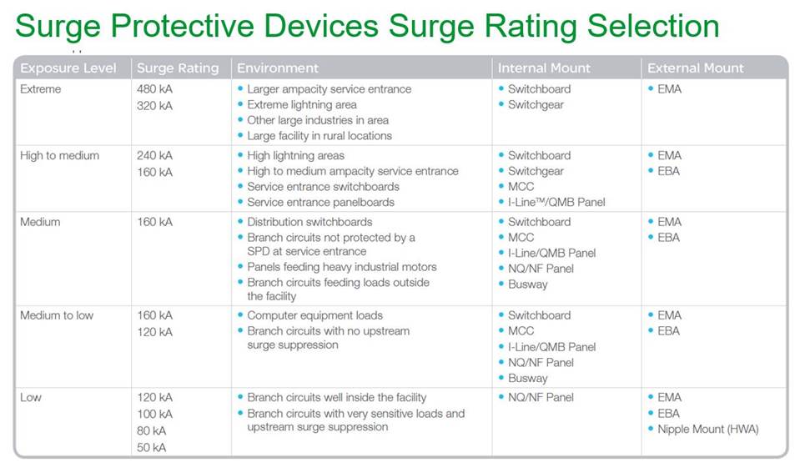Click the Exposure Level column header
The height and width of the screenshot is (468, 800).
tap(68, 68)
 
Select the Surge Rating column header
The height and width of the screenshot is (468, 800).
tap(178, 68)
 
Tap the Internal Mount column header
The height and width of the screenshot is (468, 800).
tap(544, 68)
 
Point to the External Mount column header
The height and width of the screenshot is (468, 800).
tap(695, 68)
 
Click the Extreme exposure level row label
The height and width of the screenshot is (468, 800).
tap(41, 89)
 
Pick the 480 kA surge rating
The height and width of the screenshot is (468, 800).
tap(154, 89)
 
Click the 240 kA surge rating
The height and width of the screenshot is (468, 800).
tap(154, 156)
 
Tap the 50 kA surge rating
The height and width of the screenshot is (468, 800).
tap(152, 447)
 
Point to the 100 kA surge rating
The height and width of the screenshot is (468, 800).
tap(154, 414)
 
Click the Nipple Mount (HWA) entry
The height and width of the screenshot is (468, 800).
tap(708, 430)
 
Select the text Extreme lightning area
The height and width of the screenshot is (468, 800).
tap(302, 105)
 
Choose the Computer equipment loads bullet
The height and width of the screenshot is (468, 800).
tap(314, 315)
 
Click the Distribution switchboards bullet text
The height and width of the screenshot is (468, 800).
tap(309, 222)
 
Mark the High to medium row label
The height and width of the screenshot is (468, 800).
tap(60, 156)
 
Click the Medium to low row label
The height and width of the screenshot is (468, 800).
tap(58, 315)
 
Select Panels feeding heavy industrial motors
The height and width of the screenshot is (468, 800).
tap(342, 267)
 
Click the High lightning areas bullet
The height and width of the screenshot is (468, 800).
tap(295, 156)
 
